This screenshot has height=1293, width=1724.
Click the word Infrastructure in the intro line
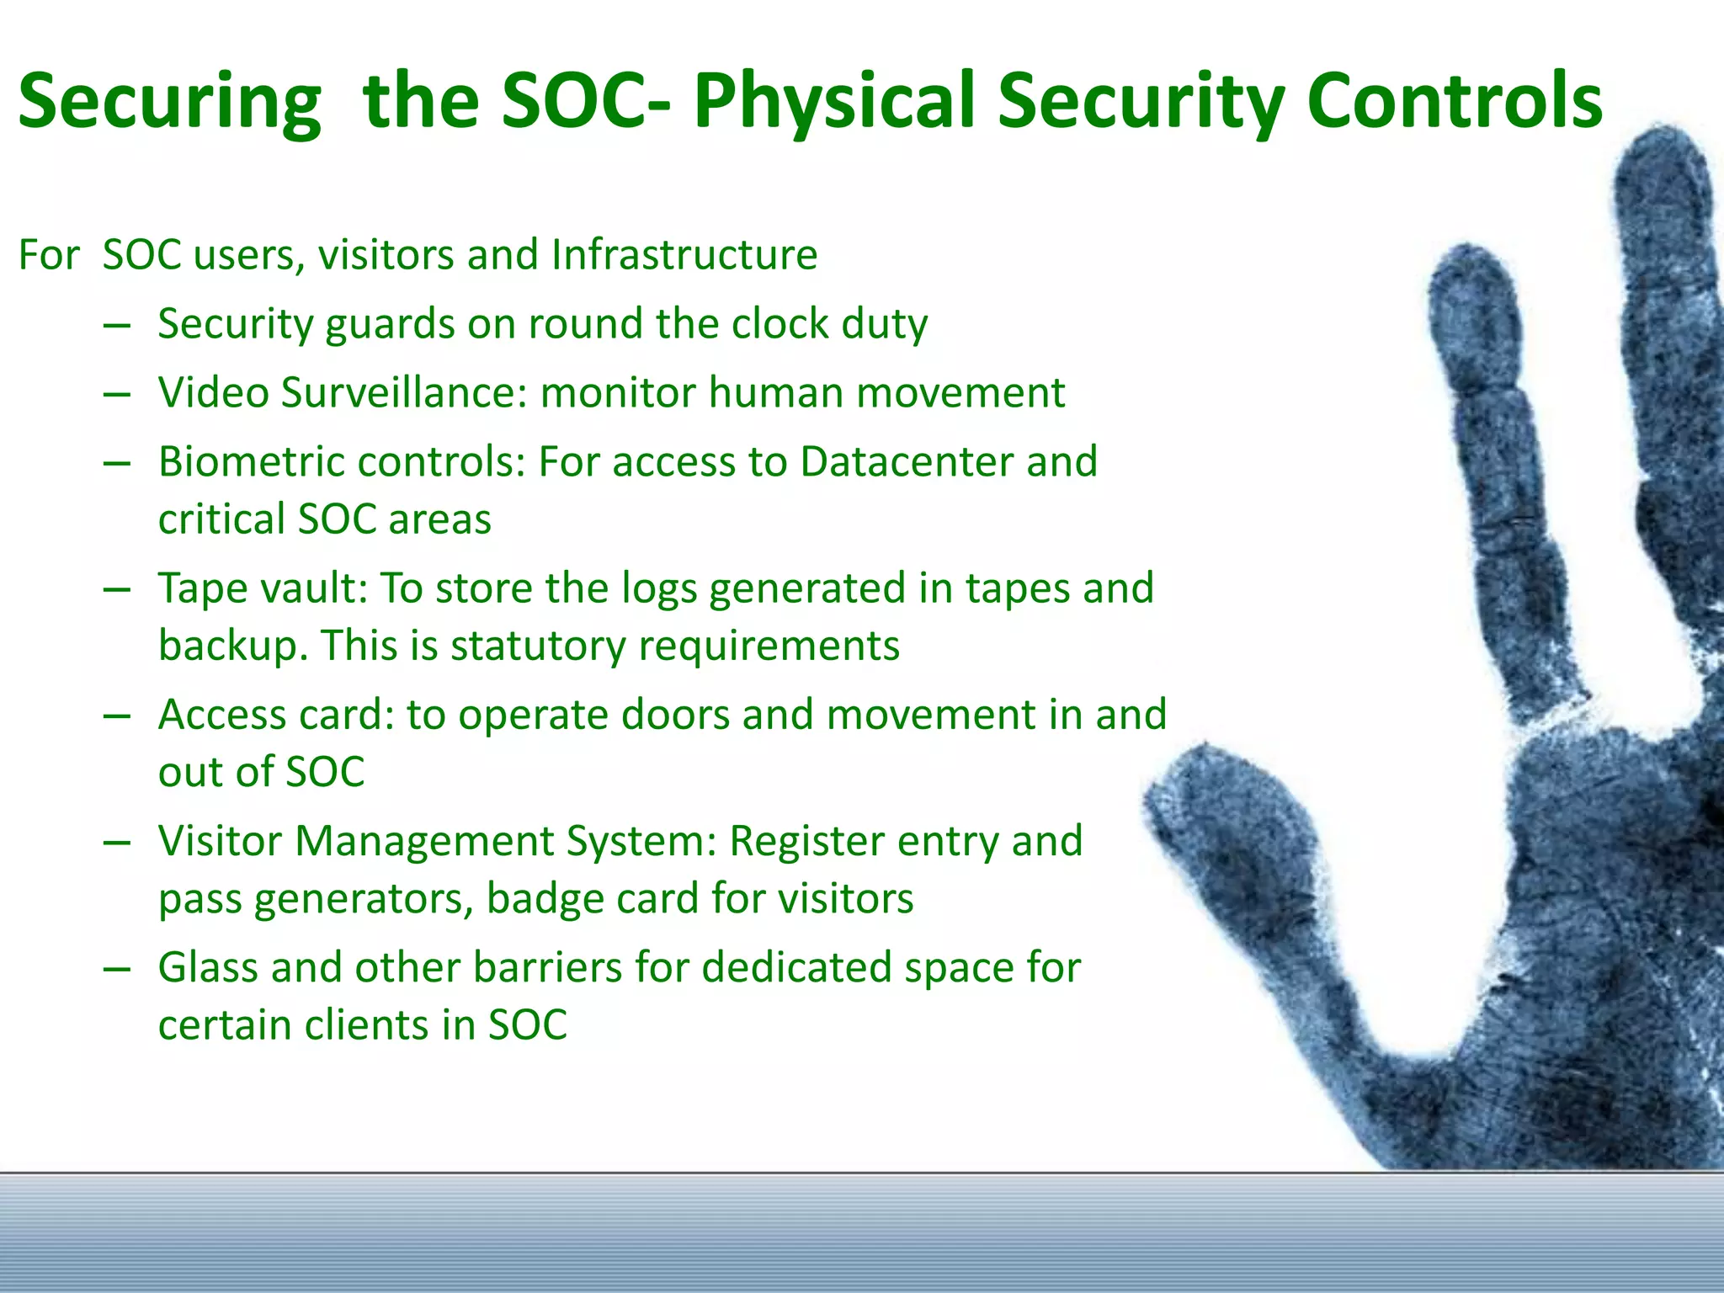point(684,254)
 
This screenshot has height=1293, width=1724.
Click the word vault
point(313,588)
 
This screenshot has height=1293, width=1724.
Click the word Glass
point(208,968)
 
